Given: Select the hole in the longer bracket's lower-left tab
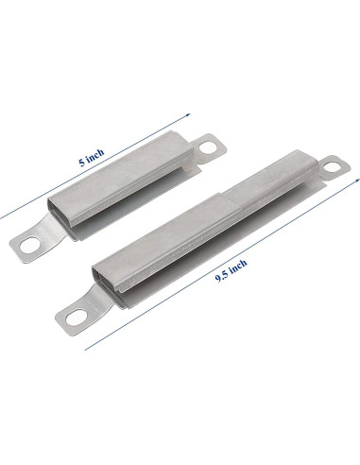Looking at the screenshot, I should [79, 312].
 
